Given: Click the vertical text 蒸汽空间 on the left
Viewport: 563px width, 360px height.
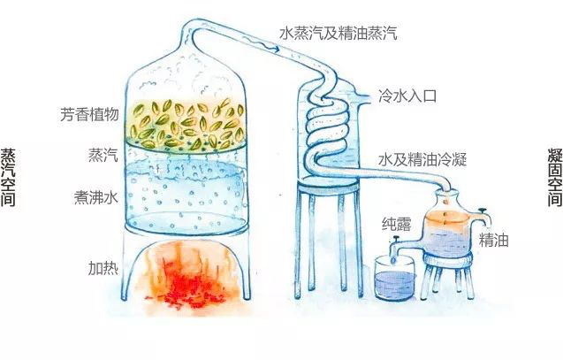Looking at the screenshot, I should click(11, 177).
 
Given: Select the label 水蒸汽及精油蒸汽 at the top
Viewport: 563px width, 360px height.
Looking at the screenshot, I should click(339, 34).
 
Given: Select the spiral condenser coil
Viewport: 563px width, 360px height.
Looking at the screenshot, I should click(328, 133).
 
